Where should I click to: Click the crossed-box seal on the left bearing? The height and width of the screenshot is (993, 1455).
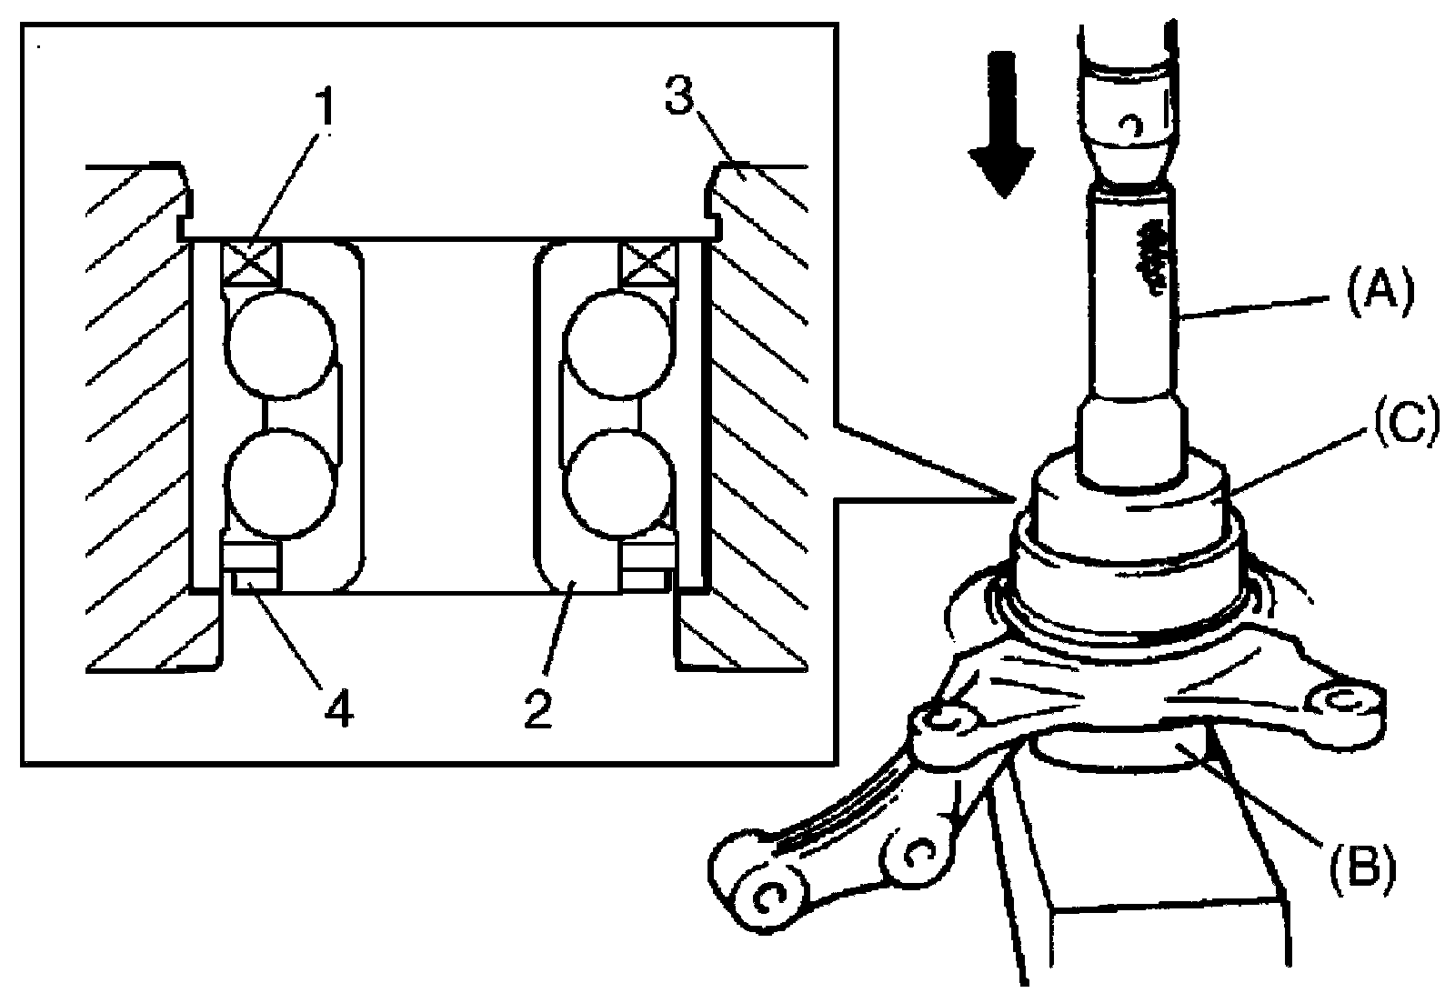pos(250,265)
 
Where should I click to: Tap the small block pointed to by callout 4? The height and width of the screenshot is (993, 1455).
pos(253,579)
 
